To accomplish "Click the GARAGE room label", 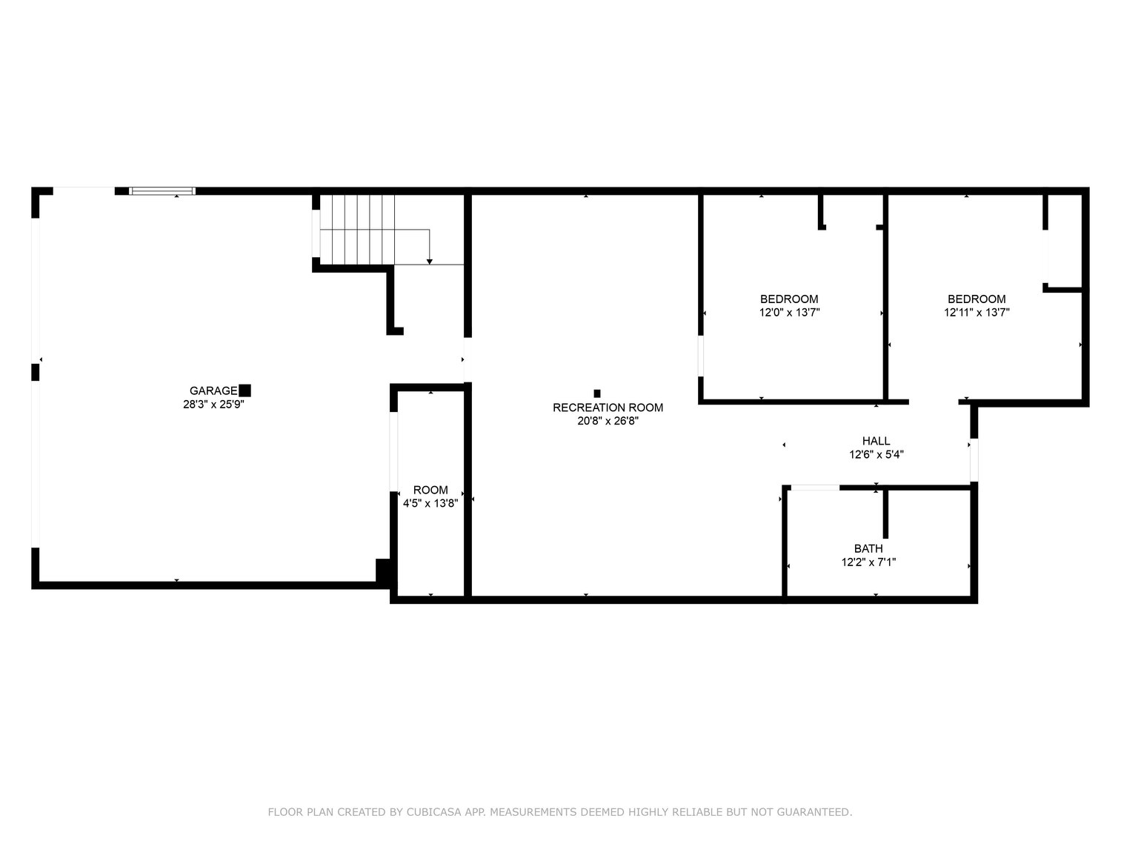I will point(213,391).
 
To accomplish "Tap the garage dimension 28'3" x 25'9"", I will point(213,405).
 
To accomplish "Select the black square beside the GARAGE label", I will point(245,390).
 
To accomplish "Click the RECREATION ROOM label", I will point(608,408).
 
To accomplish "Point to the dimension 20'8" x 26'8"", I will point(608,421).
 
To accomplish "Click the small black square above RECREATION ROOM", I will point(596,393).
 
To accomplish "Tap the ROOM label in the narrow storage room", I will point(430,490).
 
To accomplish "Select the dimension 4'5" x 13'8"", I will point(430,503).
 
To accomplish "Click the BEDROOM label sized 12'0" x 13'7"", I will point(789,299).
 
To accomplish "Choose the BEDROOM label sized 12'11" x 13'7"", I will point(977,299).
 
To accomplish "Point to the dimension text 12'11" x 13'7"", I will point(977,313).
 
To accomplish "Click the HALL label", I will point(876,441).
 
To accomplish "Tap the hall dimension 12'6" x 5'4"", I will point(876,455).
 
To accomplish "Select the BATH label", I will point(868,548).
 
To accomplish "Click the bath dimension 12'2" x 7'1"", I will point(868,562).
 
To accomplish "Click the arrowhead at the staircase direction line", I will point(429,262).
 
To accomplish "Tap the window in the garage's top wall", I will point(162,191).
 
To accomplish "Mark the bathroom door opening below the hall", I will point(814,488).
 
